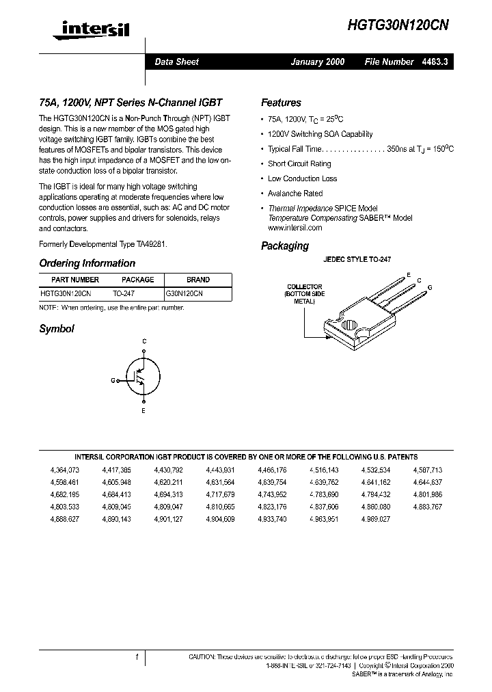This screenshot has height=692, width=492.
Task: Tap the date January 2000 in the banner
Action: pyautogui.click(x=317, y=62)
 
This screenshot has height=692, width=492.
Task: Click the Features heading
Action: pyautogui.click(x=281, y=103)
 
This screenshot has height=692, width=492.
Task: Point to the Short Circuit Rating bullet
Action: pyautogui.click(x=299, y=163)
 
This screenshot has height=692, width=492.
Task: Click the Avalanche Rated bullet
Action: pyautogui.click(x=295, y=194)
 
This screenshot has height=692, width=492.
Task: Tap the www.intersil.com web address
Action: pyautogui.click(x=295, y=228)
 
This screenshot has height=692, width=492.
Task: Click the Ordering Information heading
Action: pyautogui.click(x=87, y=263)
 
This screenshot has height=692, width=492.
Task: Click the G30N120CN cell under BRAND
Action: pyautogui.click(x=184, y=292)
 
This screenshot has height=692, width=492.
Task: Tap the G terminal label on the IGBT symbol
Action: pyautogui.click(x=113, y=380)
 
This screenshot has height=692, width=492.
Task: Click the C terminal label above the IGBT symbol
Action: pyautogui.click(x=144, y=341)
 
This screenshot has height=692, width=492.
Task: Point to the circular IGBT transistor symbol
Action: pyautogui.click(x=143, y=377)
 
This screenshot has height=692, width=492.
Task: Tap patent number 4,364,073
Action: pyautogui.click(x=65, y=470)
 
